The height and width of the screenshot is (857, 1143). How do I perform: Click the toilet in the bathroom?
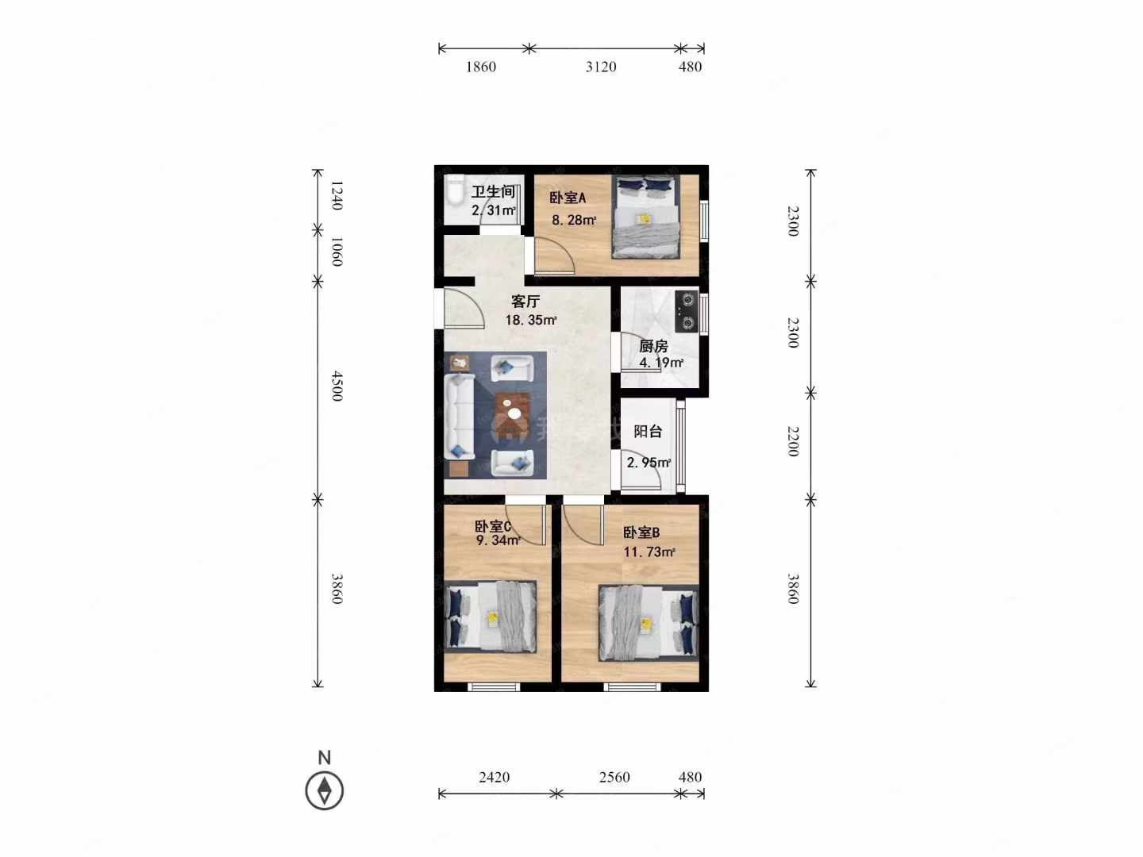454,191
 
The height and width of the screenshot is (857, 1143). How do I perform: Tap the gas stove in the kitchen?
687,312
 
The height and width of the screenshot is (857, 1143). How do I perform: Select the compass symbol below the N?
325,791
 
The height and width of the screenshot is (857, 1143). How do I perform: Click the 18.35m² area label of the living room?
531,320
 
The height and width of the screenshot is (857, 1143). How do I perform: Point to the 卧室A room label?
568,198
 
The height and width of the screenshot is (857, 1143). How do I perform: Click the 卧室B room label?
641,532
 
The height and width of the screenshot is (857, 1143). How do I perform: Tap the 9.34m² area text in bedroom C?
498,540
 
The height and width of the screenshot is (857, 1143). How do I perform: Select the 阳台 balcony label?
648,431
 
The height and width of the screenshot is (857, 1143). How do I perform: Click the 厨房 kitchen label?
653,345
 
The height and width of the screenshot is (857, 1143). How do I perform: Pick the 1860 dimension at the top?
481,67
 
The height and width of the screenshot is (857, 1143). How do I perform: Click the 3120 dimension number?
601,67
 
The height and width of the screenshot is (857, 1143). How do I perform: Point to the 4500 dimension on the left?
337,386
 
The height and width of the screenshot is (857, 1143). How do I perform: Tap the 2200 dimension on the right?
792,441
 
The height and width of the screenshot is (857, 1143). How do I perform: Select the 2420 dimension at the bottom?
495,777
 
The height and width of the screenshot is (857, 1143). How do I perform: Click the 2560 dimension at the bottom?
614,777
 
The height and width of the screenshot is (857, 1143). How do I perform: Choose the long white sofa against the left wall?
459,417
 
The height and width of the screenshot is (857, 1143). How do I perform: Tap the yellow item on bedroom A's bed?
645,218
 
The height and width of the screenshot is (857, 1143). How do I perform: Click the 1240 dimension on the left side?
337,195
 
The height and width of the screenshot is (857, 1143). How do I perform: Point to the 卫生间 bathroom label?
493,191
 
